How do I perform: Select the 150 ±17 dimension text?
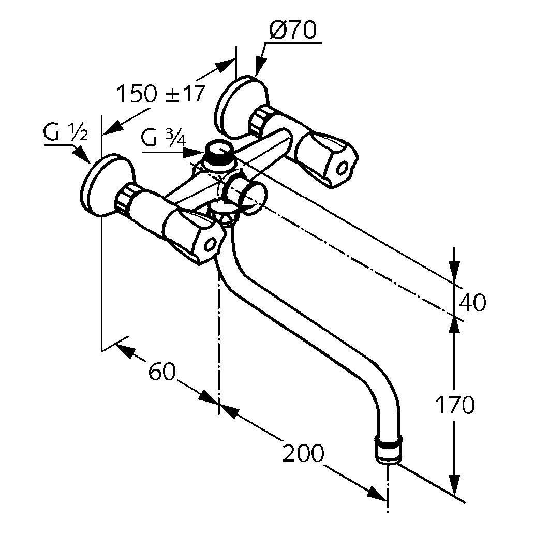[160, 94]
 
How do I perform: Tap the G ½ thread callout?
[65, 135]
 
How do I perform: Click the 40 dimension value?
[472, 303]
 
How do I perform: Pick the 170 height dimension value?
[454, 405]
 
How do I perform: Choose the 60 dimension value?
[162, 371]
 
